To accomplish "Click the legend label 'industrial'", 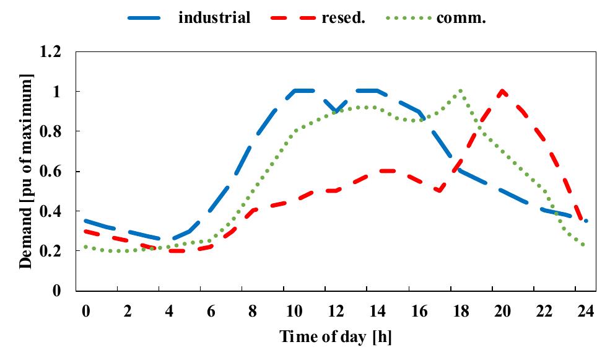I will (x=214, y=17).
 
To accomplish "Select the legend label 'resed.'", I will (x=344, y=17).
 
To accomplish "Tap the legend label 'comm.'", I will (x=461, y=17).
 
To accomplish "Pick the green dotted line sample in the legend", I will (x=408, y=18).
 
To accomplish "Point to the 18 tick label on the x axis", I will (x=460, y=312).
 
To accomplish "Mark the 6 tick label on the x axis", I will (x=211, y=312).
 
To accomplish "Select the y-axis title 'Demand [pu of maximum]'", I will (x=25, y=171).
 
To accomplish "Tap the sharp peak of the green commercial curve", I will (x=460, y=91).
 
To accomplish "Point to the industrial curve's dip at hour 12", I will (x=336, y=112).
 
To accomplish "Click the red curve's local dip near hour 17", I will (x=440, y=191).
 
